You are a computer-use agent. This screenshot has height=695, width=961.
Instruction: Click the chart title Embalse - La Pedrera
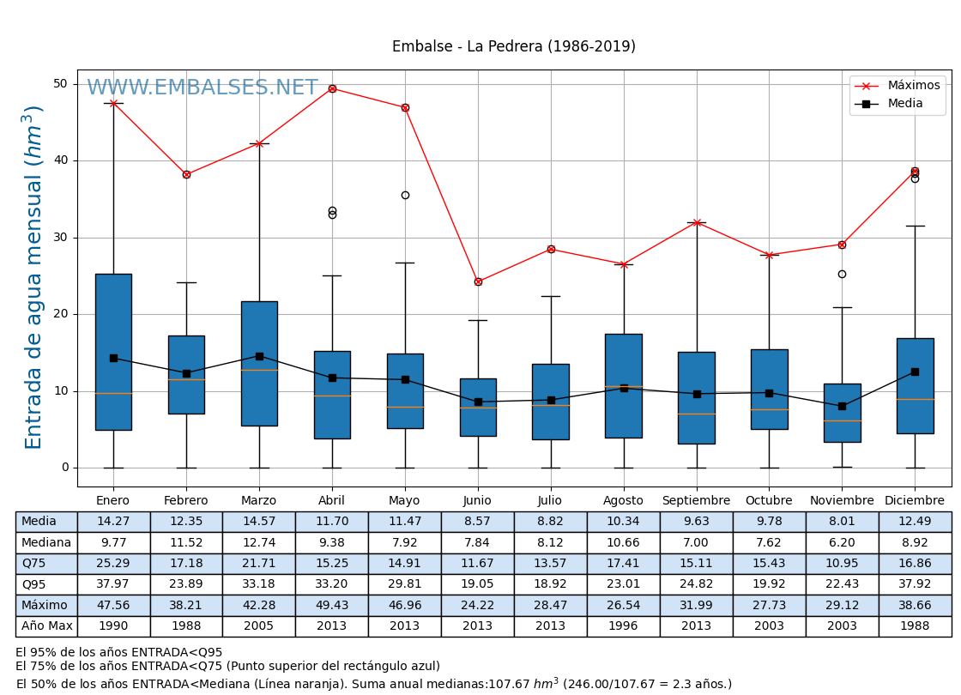pos(513,47)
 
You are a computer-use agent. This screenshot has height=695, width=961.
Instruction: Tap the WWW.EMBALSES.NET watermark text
pos(202,88)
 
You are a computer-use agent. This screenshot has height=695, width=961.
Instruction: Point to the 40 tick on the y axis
pos(61,160)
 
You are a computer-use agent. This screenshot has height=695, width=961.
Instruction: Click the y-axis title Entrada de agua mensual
pos(33,276)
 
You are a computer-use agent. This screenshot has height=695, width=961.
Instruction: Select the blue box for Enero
pos(113,352)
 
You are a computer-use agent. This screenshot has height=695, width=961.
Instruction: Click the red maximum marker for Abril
pos(332,88)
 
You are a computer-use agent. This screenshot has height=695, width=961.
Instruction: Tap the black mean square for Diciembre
pos(915,372)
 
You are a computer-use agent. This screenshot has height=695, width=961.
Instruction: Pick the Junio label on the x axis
pos(477,501)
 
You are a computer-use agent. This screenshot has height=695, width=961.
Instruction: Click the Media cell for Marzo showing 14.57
pos(258,522)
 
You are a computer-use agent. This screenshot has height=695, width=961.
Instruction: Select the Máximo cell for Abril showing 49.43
pos(331,605)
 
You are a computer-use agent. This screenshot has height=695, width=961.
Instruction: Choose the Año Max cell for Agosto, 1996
pos(623,626)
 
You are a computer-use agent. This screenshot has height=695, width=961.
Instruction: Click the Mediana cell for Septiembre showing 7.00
pos(696,542)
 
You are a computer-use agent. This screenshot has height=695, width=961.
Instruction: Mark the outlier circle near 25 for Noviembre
pos(842,275)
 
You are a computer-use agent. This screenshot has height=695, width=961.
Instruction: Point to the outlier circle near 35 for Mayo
pos(405,196)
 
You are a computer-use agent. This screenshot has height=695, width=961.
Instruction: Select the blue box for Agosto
pos(624,385)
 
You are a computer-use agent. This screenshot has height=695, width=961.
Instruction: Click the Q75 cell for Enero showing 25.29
pos(113,564)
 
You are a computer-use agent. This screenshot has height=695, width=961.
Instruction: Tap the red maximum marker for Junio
pos(478,281)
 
